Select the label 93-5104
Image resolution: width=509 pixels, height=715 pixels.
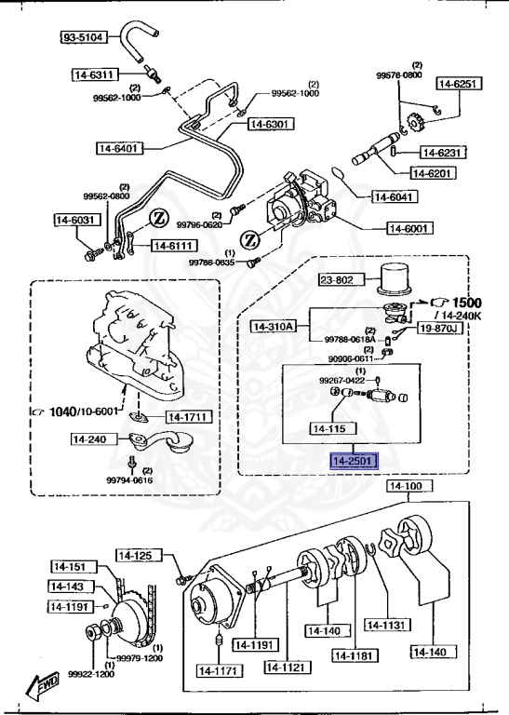pos(85,37)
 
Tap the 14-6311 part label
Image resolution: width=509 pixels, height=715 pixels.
pos(94,74)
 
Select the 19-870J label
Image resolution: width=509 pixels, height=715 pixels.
pos(439,328)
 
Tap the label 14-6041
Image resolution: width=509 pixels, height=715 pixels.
pos(395,196)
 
